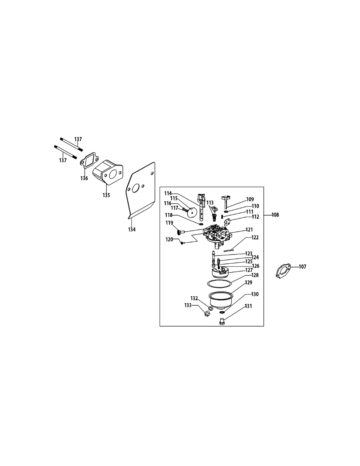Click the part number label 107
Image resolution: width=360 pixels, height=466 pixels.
coord(303,267)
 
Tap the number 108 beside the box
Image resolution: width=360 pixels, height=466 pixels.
coord(275,214)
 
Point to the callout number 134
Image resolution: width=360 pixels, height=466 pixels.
coord(132,230)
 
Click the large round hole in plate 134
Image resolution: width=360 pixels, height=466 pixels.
coord(136,189)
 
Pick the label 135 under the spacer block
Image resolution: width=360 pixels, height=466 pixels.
coord(106,195)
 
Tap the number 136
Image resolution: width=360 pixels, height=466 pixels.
coord(84,178)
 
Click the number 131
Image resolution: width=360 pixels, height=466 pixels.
coord(248,306)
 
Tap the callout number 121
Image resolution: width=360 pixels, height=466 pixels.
coord(249,230)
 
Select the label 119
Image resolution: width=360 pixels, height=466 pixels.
coord(169,223)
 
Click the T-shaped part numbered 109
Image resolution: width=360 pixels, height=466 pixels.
coord(226,200)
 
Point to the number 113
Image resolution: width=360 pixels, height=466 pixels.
coord(210,202)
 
